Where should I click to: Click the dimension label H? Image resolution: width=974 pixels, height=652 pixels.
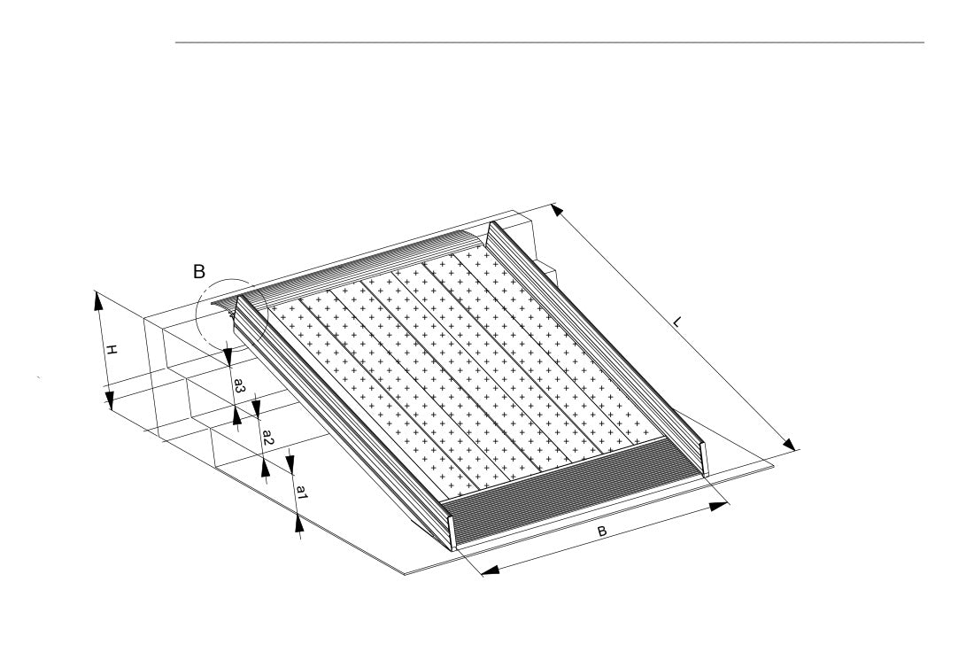point(111,350)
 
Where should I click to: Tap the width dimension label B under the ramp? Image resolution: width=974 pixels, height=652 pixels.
point(601,532)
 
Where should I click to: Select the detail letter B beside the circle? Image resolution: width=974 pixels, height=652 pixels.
point(198,271)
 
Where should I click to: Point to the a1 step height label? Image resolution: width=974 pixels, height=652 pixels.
point(301,493)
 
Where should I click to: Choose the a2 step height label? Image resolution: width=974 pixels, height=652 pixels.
point(267,437)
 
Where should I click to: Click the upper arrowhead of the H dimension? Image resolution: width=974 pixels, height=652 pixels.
point(98,300)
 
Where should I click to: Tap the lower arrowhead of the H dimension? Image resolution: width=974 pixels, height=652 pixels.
point(110,400)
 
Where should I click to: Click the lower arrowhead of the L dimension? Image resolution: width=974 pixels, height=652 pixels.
point(789,444)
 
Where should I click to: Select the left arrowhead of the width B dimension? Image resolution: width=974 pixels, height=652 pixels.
point(491,570)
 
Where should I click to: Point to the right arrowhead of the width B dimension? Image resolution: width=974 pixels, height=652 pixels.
point(719,506)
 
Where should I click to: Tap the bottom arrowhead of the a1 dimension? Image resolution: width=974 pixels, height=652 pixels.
point(299,524)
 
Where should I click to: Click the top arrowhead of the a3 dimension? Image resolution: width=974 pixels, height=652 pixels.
point(228,357)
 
